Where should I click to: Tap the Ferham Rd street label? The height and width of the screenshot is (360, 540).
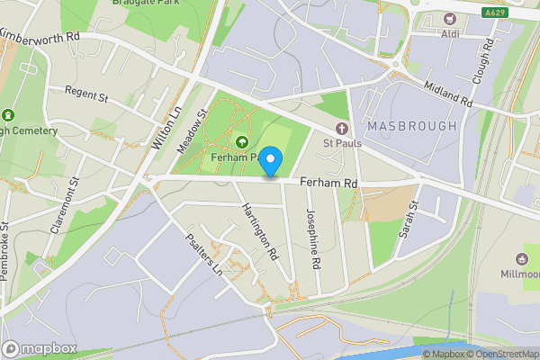pos(328,183)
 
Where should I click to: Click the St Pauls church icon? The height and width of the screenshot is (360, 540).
pos(341,130)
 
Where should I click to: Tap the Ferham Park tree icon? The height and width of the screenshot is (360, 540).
pos(242,141)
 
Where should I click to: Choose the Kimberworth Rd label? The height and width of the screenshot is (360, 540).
pos(40,35)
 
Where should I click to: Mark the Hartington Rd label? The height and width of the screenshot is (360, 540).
pos(259,232)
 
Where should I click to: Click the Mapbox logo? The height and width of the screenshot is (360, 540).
pos(40,348)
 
